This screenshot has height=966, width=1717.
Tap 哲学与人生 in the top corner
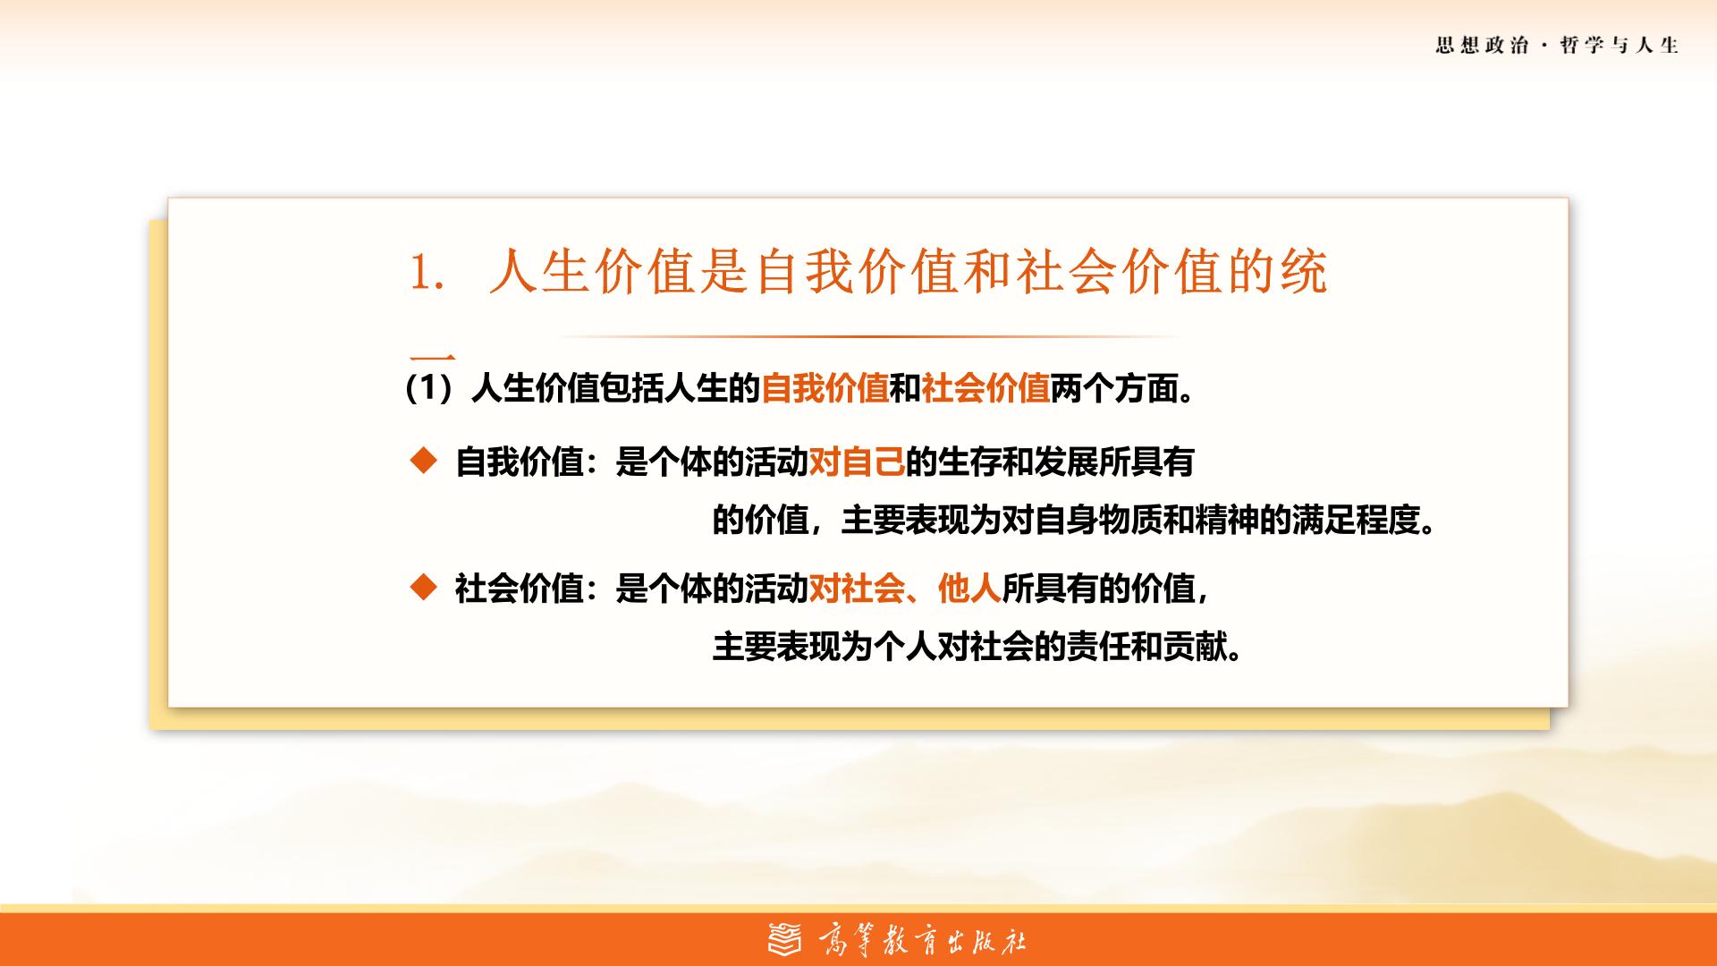[1620, 46]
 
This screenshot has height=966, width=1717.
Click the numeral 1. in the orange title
[427, 272]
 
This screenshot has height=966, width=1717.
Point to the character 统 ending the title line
[1304, 271]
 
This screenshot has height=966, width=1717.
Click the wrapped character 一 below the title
[433, 358]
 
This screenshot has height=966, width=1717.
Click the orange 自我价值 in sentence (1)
[825, 389]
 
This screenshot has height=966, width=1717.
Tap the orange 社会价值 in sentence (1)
[985, 389]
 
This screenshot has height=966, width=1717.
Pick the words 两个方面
[1113, 389]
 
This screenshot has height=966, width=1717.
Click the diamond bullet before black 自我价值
[423, 461]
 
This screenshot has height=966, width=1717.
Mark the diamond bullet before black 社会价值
[423, 587]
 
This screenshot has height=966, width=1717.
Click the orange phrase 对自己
[857, 462]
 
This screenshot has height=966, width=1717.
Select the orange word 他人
[969, 589]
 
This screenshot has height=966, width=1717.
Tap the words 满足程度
[1356, 520]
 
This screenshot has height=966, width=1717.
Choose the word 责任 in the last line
[1097, 647]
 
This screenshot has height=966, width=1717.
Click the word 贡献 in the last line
[1195, 647]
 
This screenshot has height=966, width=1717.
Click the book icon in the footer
[786, 939]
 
